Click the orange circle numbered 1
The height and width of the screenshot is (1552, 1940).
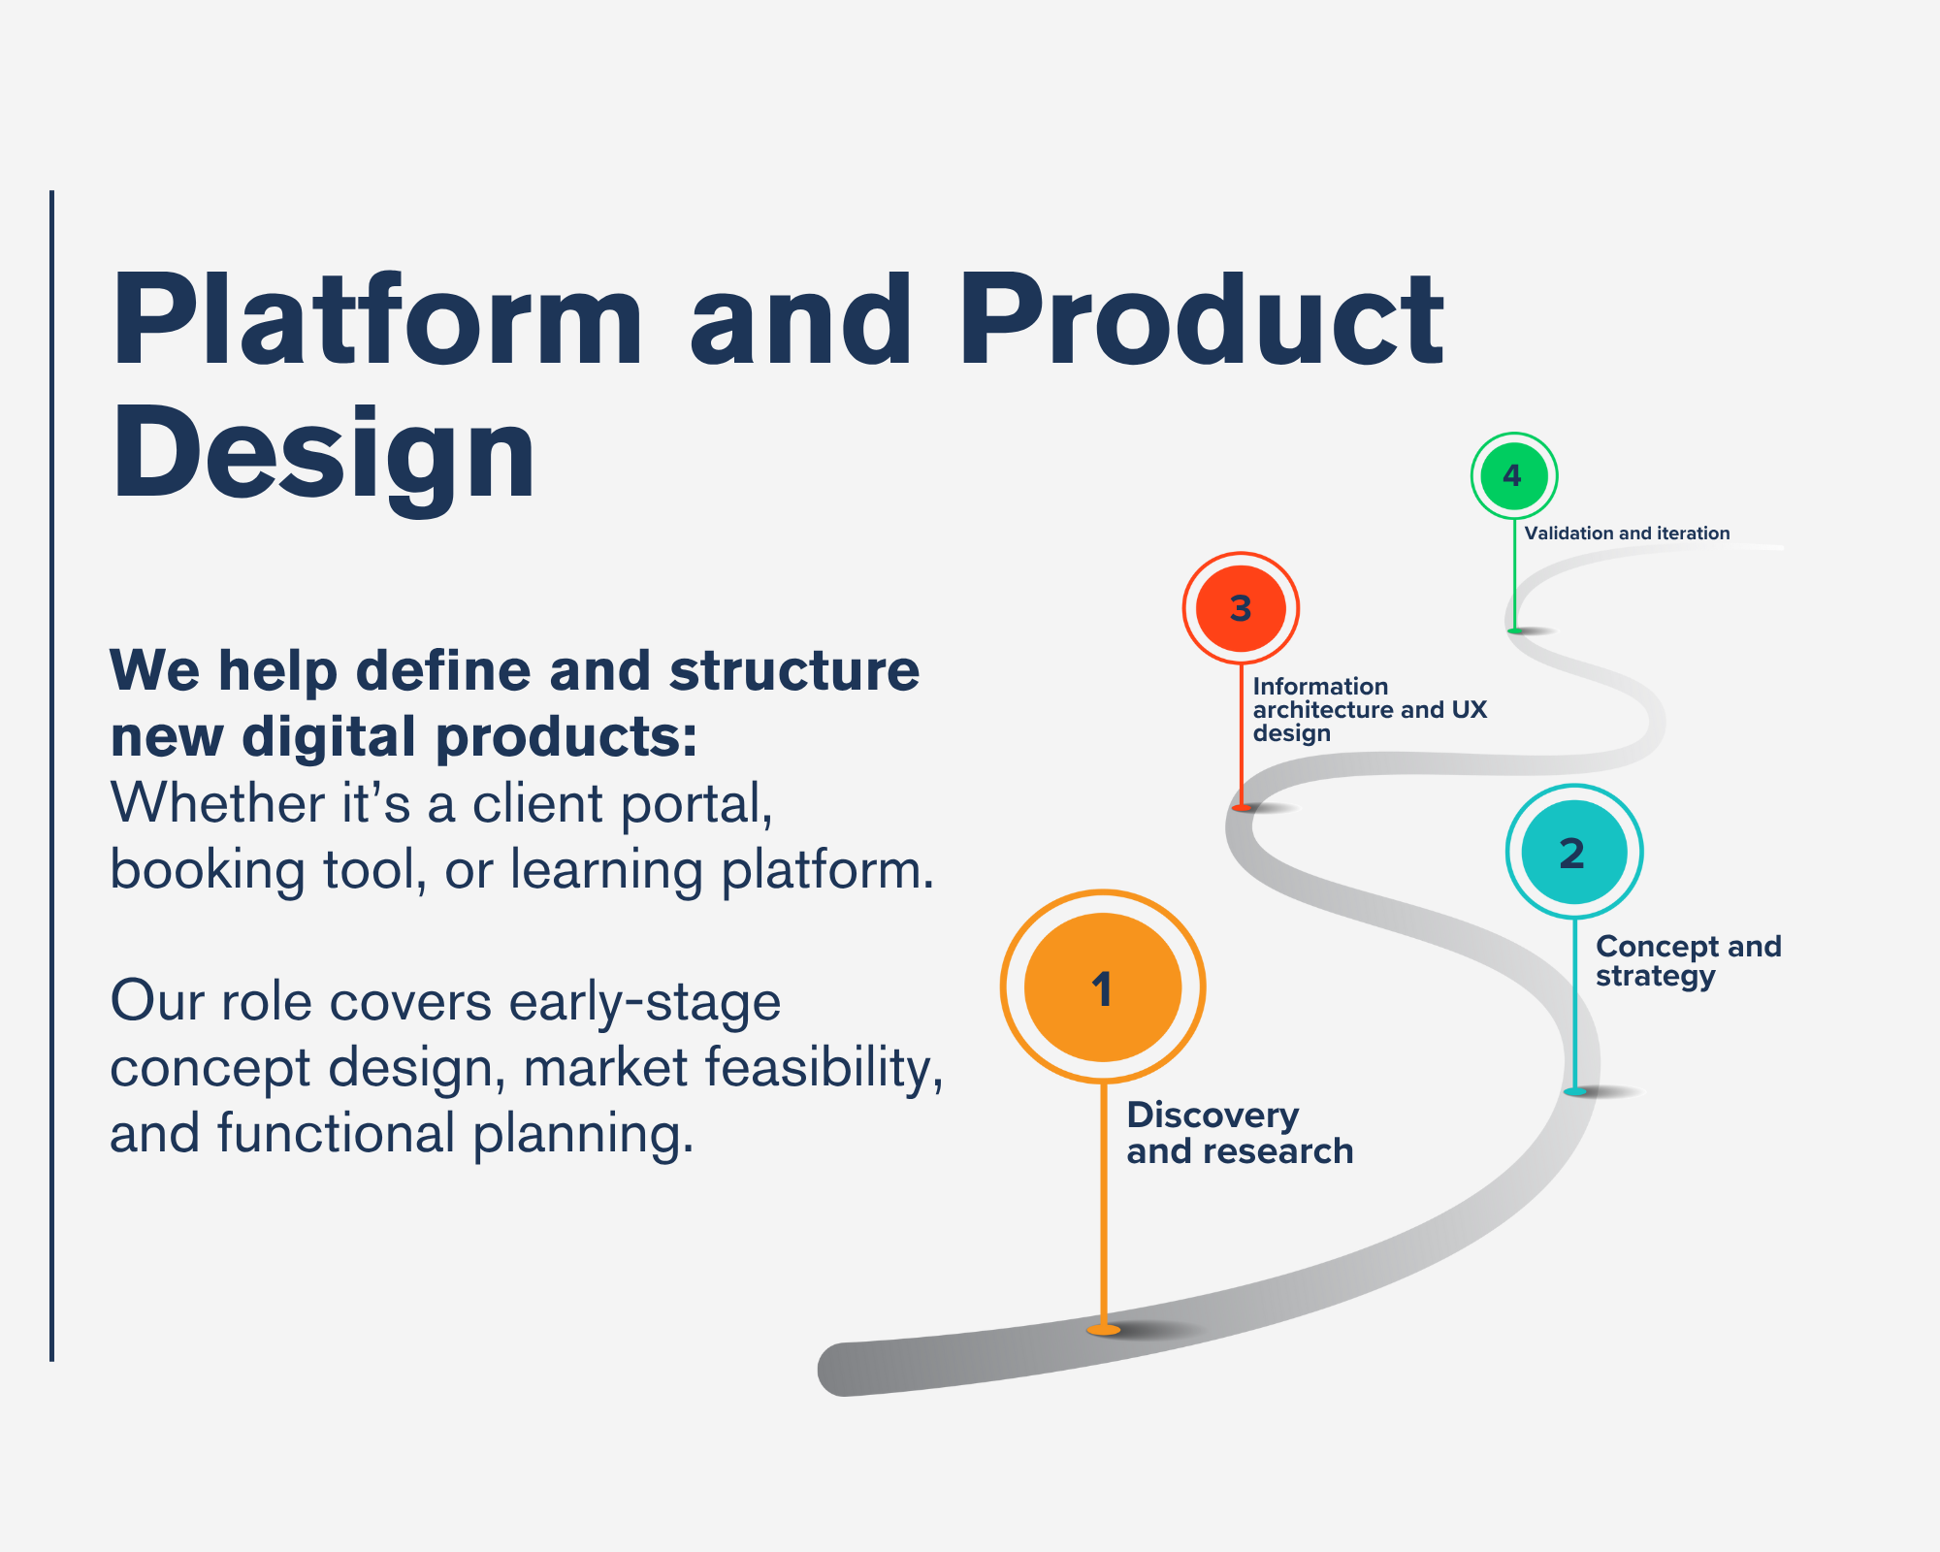tap(1103, 986)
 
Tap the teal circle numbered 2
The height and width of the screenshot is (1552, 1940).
tap(1573, 852)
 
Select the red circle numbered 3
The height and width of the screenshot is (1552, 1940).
tap(1241, 608)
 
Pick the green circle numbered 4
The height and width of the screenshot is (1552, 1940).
tap(1513, 475)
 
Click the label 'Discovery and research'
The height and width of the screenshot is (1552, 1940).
tap(1239, 1133)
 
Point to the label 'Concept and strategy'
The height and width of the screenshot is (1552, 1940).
tap(1688, 960)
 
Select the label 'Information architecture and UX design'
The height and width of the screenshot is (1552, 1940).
tap(1369, 709)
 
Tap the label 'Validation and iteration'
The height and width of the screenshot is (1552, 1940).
tap(1627, 533)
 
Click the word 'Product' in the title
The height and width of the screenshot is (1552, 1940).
tap(1201, 320)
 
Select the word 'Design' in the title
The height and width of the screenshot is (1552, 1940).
tap(323, 454)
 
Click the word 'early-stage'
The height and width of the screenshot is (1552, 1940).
tap(645, 1002)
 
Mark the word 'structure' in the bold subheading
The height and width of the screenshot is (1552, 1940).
tap(794, 670)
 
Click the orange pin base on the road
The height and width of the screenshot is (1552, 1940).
tap(1104, 1330)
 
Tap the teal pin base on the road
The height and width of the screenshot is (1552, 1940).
tap(1575, 1092)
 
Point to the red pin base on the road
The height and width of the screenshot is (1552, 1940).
tap(1242, 807)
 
